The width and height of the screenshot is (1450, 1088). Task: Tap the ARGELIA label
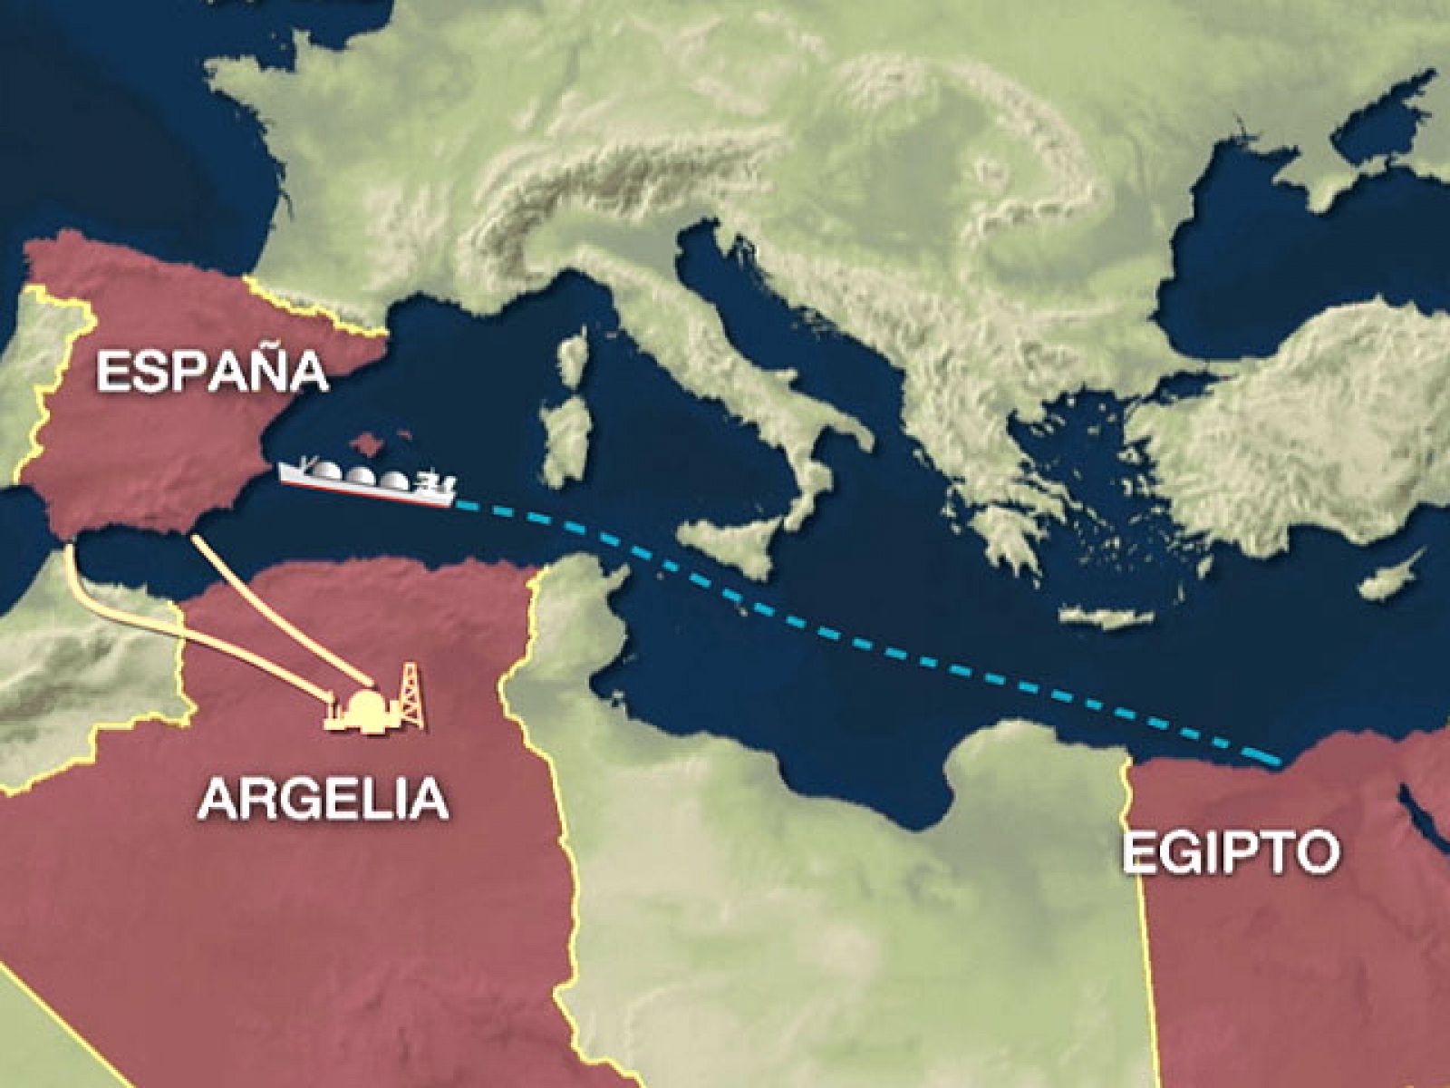(x=324, y=798)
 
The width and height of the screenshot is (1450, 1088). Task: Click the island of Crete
(x=1106, y=617)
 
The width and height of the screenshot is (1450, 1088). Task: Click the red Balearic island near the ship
(x=367, y=443)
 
